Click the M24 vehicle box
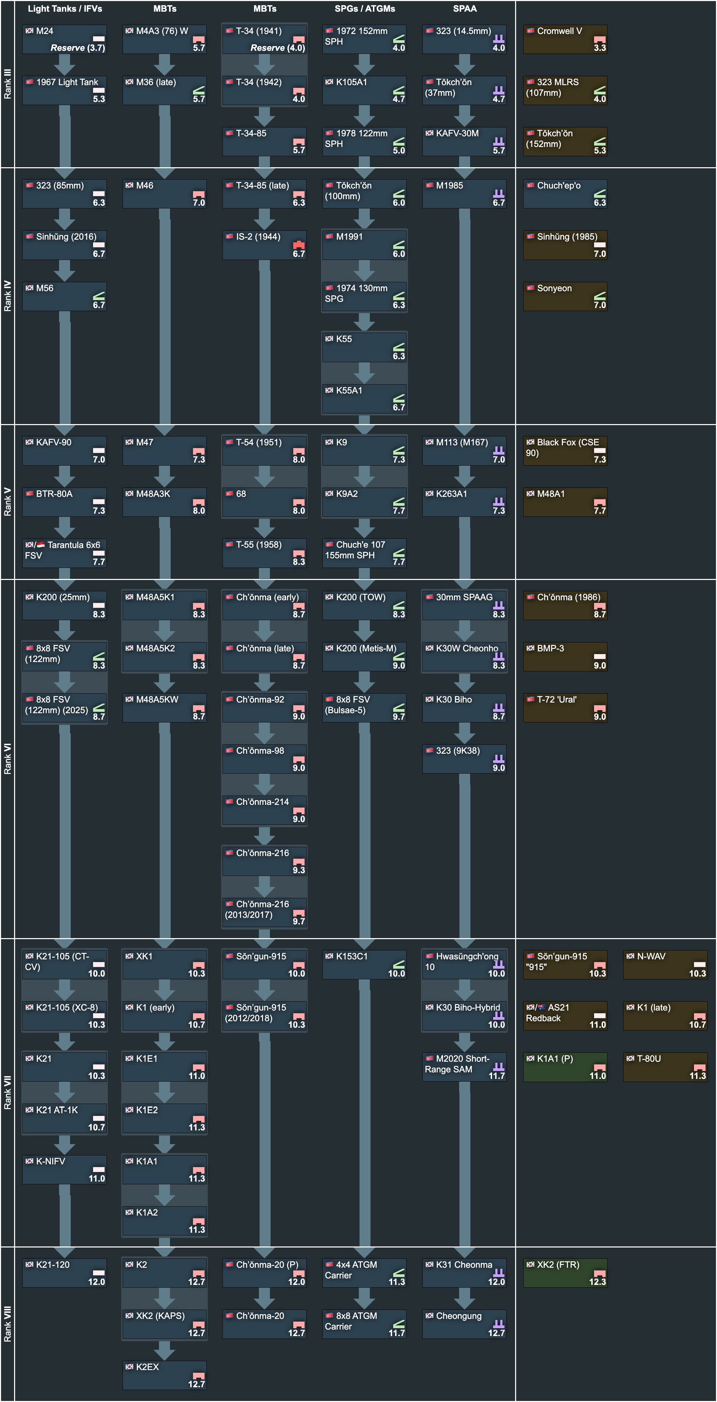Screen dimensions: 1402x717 pyautogui.click(x=64, y=39)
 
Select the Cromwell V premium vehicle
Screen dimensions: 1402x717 pyautogui.click(x=565, y=39)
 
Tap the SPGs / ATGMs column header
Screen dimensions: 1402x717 pyautogui.click(x=364, y=9)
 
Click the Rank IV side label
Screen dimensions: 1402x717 pyautogui.click(x=8, y=296)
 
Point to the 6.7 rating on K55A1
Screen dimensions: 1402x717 pyautogui.click(x=399, y=407)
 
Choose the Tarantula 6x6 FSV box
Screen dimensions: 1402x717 pyautogui.click(x=64, y=552)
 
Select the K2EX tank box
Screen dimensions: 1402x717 pyautogui.click(x=164, y=1374)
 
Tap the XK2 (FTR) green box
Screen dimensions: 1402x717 pyautogui.click(x=565, y=1272)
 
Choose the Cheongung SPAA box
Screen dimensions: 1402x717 pyautogui.click(x=464, y=1323)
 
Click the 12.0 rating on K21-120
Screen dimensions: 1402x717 pyautogui.click(x=96, y=1282)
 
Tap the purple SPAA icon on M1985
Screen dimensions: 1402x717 pyautogui.click(x=498, y=193)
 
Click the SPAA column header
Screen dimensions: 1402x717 pyautogui.click(x=464, y=9)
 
